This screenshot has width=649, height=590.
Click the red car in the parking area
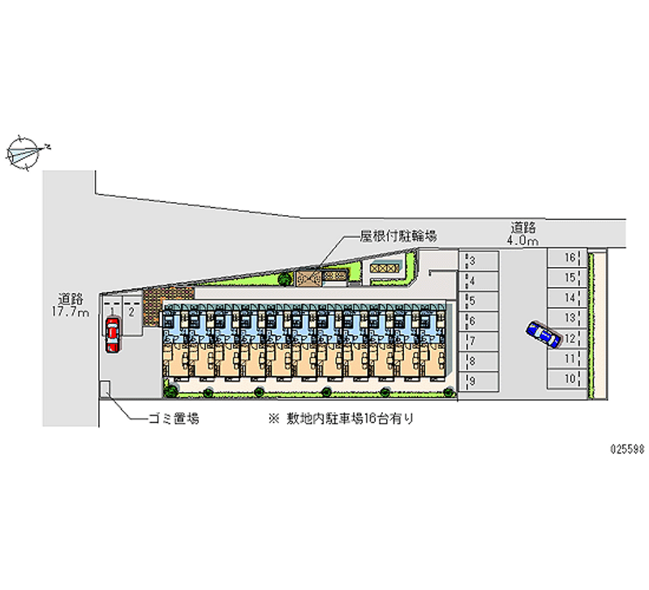pos(111,334)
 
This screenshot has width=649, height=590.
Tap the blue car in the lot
pos(543,334)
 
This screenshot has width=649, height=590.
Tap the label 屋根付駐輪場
pos(398,236)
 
